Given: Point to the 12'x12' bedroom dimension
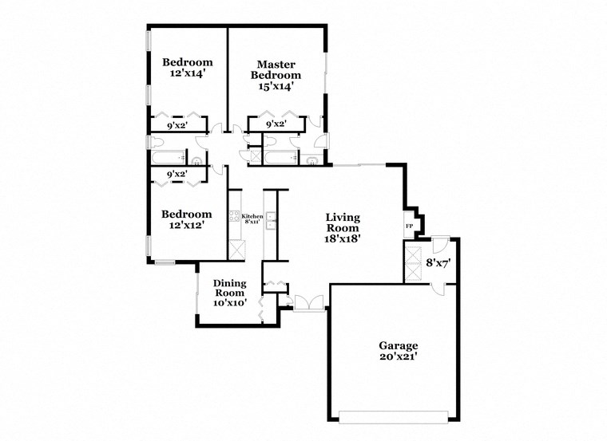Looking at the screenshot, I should coord(187,225).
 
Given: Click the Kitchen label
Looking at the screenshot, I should coord(252,216).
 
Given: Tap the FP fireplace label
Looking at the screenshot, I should coord(410,226).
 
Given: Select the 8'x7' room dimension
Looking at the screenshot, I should coord(439,262).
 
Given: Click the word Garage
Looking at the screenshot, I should coord(398,345).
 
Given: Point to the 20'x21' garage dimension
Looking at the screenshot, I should coord(398,357).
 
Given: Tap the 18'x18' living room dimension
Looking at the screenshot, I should coord(342,238).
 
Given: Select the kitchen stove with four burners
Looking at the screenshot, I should coord(234,216).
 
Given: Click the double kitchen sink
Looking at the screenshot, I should coord(271,221).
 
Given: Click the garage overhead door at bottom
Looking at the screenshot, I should coord(394,415).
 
